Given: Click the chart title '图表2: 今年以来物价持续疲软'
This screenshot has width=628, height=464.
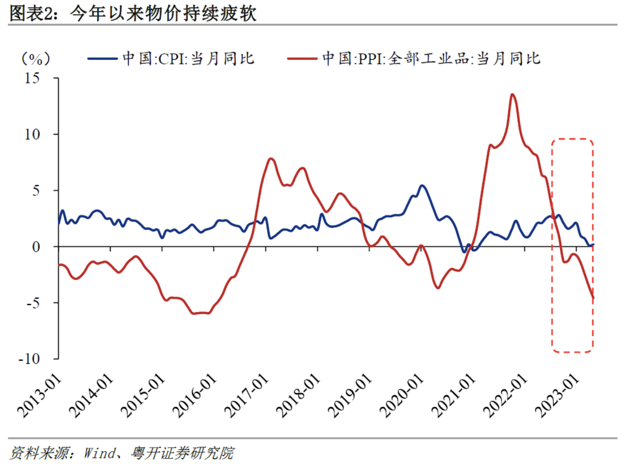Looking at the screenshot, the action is click(x=133, y=13).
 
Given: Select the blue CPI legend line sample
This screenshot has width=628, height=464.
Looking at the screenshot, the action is click(x=103, y=59).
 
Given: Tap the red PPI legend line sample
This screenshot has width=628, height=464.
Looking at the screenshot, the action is click(x=302, y=59).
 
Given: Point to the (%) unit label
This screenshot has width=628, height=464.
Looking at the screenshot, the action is click(x=36, y=59).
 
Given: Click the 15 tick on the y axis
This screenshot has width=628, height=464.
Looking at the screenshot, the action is click(x=32, y=78).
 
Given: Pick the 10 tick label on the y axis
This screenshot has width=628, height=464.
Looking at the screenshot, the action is click(x=32, y=134).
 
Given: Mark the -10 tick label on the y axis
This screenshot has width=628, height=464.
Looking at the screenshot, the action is click(x=29, y=359).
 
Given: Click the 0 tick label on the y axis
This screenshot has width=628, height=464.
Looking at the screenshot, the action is click(x=36, y=247).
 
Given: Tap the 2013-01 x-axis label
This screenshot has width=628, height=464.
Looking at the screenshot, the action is click(x=39, y=396).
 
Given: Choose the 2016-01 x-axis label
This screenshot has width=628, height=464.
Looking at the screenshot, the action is click(x=195, y=396).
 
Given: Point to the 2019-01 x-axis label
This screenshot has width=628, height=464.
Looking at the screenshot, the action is click(x=350, y=396).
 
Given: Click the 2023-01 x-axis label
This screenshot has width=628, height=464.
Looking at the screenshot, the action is click(x=557, y=396).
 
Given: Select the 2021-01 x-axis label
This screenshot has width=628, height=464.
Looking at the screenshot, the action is click(x=454, y=396).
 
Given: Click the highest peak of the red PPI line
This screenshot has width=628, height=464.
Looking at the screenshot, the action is click(x=513, y=94).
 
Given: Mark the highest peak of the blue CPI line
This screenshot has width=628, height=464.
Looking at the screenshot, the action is click(x=422, y=186).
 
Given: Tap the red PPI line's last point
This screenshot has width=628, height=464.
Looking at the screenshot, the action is click(x=593, y=298).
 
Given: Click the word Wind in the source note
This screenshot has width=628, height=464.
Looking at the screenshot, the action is click(x=99, y=452).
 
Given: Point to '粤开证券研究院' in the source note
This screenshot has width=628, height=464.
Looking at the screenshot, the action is click(x=182, y=452).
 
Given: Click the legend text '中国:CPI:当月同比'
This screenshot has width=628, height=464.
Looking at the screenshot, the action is click(x=188, y=59).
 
